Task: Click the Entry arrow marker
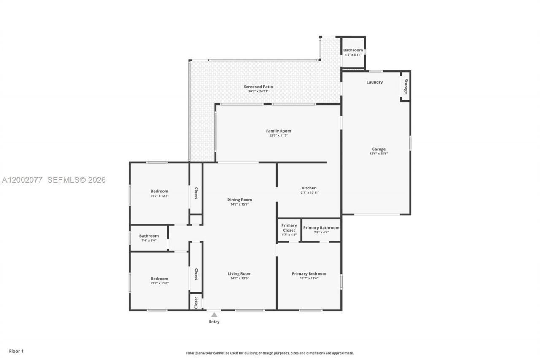[214, 314]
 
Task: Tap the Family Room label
[278, 131]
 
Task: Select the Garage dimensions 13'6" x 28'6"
[378, 154]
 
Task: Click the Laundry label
[375, 82]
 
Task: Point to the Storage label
[406, 86]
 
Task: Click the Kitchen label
[309, 188]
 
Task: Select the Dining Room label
[240, 200]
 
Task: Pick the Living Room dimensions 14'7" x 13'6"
[240, 279]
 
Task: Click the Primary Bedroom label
[309, 273]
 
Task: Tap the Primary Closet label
[289, 227]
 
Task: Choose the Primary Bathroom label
[321, 227]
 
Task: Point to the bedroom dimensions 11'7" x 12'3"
[159, 196]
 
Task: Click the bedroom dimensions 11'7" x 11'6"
[159, 283]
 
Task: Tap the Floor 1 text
[16, 351]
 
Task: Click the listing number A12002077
[22, 180]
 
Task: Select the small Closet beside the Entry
[196, 302]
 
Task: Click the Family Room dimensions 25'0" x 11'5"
[278, 135]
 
